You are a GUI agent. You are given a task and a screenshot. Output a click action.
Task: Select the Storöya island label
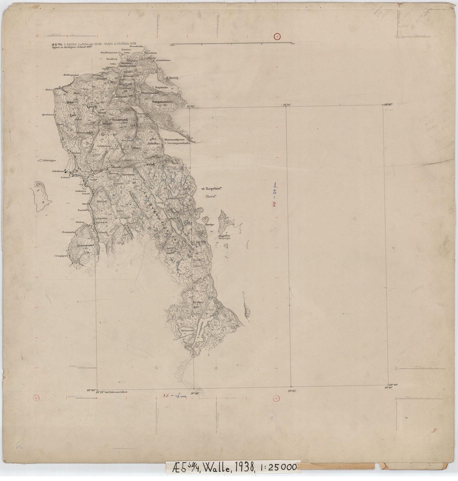208,224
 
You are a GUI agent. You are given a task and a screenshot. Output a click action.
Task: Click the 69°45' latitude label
388,104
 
